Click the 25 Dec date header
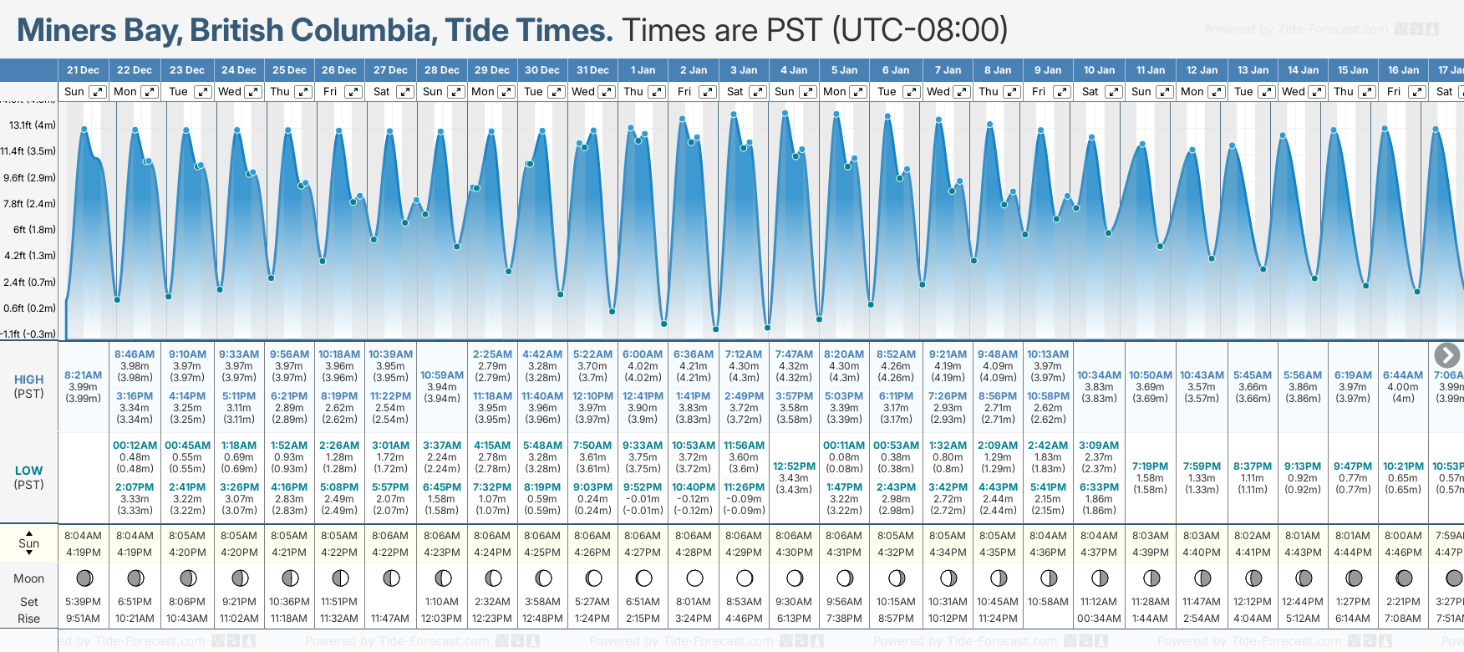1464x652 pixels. [289, 70]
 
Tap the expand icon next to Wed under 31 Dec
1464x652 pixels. [607, 92]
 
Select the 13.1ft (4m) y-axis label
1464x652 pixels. [33, 125]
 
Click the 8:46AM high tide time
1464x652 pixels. [135, 354]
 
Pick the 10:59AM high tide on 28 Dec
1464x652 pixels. [441, 375]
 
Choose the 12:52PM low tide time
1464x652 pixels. [794, 466]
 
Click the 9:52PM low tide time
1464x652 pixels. [643, 487]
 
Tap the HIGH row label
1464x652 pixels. [29, 379]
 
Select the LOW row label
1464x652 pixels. [29, 471]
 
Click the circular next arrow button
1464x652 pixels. [1446, 355]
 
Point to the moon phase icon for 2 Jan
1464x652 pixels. [694, 578]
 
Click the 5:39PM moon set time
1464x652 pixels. [83, 602]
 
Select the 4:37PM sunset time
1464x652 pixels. [1099, 553]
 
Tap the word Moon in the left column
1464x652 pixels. [29, 578]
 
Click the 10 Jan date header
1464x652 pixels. [1099, 70]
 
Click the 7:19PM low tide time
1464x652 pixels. [1150, 466]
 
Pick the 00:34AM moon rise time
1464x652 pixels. [1099, 619]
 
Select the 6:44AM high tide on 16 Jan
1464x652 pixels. [1403, 375]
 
